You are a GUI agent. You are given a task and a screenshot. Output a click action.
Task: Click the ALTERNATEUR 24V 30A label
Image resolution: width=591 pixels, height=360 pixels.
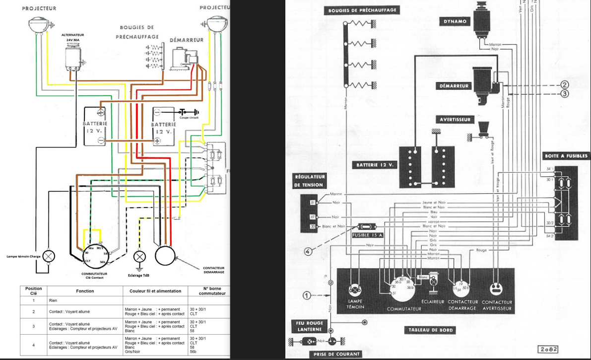click(73, 37)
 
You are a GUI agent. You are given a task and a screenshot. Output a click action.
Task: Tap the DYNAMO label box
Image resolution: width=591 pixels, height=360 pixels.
click(454, 21)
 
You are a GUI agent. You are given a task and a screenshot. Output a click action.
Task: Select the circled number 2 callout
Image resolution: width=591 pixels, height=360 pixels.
click(564, 84)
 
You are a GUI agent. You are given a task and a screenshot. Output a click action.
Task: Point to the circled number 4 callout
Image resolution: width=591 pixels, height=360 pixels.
click(309, 251)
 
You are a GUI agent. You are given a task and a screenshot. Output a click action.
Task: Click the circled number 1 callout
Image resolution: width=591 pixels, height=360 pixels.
click(307, 295)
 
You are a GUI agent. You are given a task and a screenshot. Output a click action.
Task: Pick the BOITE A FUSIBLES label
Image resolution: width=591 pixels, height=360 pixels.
click(566, 156)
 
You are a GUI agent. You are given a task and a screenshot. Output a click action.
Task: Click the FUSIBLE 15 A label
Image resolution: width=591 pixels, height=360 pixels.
click(367, 235)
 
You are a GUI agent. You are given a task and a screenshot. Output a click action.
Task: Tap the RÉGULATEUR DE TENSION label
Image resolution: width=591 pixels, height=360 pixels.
click(310, 181)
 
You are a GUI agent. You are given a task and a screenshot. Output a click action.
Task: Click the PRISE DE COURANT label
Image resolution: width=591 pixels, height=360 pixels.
click(336, 354)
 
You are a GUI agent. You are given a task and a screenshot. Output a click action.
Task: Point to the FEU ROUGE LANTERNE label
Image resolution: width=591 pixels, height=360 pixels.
click(310, 326)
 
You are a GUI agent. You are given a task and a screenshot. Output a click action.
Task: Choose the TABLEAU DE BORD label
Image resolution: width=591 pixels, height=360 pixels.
click(431, 330)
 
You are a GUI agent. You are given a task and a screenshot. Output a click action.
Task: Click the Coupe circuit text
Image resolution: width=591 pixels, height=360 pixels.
click(190, 118)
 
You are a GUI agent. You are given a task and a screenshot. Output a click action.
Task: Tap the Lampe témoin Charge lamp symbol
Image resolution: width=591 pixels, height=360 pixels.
click(49, 256)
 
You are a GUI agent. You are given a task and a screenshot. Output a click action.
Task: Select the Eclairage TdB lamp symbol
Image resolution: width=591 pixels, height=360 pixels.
click(140, 257)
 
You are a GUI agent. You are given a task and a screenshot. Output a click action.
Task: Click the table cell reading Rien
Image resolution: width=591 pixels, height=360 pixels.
click(53, 300)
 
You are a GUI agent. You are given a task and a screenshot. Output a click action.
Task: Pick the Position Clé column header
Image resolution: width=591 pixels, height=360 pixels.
click(34, 291)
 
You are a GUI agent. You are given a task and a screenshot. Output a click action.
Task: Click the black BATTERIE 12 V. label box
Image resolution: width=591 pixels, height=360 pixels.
click(375, 165)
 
